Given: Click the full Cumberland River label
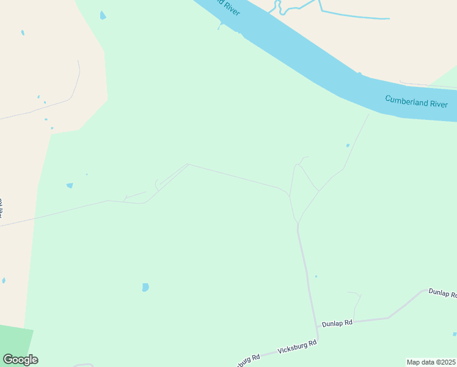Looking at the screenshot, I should pyautogui.click(x=416, y=102).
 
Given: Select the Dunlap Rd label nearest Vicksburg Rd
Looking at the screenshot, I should pyautogui.click(x=337, y=322).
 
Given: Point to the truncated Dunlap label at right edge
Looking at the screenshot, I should pyautogui.click(x=442, y=293).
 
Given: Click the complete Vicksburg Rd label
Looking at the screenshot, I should pyautogui.click(x=297, y=346).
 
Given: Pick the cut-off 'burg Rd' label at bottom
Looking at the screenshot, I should pyautogui.click(x=247, y=359).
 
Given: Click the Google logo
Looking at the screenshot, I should pyautogui.click(x=20, y=360).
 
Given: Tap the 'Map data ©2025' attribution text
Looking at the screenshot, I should pyautogui.click(x=431, y=361).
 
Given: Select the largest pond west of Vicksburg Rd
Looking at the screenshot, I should pyautogui.click(x=145, y=287).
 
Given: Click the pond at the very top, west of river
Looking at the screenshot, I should pyautogui.click(x=103, y=15).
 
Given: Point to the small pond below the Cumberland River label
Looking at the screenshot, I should pyautogui.click(x=348, y=146).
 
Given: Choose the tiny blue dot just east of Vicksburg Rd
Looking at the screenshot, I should pyautogui.click(x=316, y=276).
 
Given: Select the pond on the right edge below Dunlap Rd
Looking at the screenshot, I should pyautogui.click(x=455, y=334).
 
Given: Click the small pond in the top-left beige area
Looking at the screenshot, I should pyautogui.click(x=23, y=32).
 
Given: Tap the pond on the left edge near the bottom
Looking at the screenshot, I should pyautogui.click(x=4, y=281).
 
